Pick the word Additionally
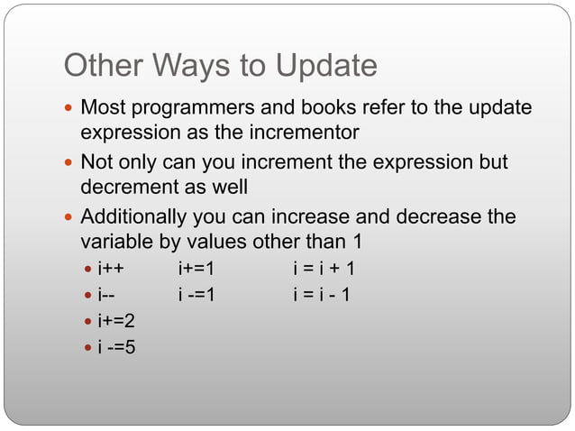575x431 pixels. pos(133,217)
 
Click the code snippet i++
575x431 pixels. pos(111,269)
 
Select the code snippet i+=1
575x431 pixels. pos(196,269)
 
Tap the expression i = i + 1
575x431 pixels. pos(324,269)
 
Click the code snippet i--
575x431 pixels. pos(107,294)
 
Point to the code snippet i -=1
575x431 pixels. pos(196,294)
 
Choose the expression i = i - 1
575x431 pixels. pos(322,294)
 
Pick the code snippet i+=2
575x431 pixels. pos(116,320)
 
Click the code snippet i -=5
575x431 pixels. pos(116,345)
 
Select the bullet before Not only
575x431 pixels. pos(70,164)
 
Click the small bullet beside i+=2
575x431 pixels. pos(87,321)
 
